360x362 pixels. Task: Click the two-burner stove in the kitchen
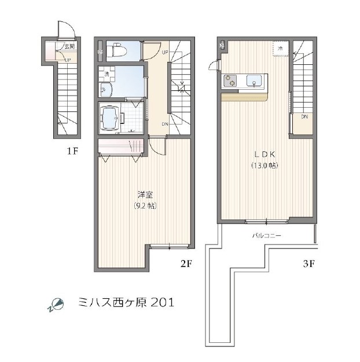(x=230, y=82)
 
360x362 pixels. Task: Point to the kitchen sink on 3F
(x=255, y=82)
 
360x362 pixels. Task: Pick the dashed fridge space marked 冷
(x=280, y=49)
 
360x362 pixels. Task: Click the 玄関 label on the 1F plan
(x=69, y=46)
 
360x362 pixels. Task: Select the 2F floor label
(x=185, y=264)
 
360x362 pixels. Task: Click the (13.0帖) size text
(x=265, y=166)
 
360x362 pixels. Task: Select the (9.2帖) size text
(x=145, y=206)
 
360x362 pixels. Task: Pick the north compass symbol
(x=56, y=304)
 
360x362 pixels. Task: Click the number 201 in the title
(x=161, y=302)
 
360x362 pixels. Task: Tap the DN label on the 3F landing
(x=304, y=116)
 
